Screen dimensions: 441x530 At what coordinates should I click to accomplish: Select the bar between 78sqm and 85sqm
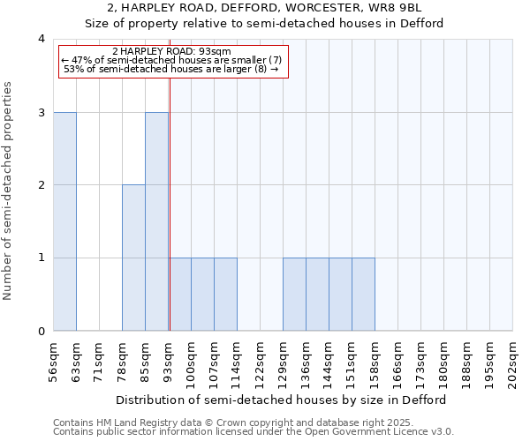133,258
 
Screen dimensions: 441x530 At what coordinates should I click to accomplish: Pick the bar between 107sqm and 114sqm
225,295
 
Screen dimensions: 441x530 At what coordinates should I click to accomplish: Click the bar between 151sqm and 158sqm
363,295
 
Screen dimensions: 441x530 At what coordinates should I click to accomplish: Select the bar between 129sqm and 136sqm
294,295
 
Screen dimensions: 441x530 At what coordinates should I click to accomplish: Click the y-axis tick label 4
41,39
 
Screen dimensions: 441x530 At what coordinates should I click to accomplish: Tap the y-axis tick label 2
41,185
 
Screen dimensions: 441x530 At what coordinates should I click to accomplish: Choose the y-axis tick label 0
41,332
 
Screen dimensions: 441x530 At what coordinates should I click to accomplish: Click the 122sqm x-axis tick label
260,360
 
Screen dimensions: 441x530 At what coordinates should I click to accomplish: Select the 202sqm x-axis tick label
512,360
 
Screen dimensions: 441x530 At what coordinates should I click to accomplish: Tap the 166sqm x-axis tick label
397,360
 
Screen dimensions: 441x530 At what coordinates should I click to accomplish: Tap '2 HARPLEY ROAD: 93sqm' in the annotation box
172,51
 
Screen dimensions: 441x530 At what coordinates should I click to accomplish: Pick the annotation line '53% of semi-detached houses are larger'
172,69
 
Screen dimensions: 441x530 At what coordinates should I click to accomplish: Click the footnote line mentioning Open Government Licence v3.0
253,432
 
